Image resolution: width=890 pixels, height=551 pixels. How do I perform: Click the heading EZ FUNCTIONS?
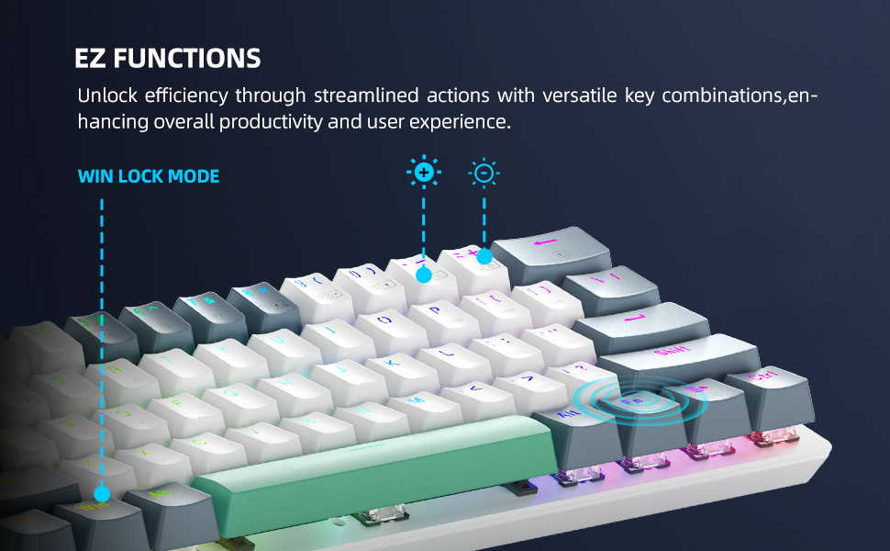point(168,60)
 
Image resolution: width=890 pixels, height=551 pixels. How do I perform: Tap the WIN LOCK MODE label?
point(149,176)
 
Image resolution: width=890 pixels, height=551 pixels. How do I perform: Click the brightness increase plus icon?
point(423,173)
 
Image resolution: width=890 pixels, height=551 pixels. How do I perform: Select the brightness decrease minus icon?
point(484,173)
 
